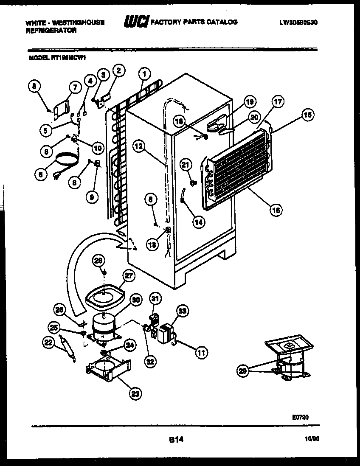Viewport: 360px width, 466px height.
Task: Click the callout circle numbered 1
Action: [x=144, y=74]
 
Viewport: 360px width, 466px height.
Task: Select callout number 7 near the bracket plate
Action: [x=75, y=87]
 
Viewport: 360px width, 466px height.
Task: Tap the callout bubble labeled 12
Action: [x=138, y=146]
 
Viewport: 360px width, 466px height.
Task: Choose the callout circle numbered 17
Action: [x=278, y=102]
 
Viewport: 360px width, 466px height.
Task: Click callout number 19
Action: [x=250, y=101]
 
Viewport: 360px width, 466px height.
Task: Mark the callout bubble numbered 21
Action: [x=185, y=164]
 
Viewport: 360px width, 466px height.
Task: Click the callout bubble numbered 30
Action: [x=135, y=300]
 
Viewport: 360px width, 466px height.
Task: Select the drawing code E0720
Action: [x=300, y=417]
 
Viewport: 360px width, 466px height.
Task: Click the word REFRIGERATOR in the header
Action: [x=51, y=31]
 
